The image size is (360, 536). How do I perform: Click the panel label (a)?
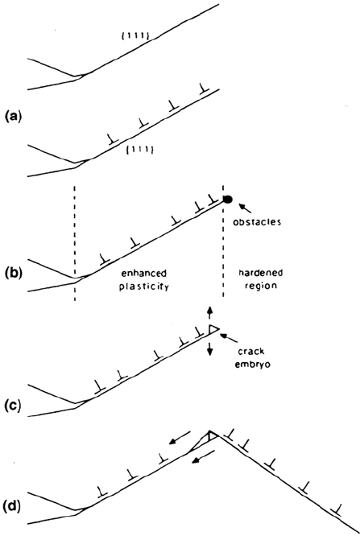(x=11, y=117)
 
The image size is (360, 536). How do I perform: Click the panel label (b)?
(x=11, y=274)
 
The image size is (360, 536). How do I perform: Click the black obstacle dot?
(x=228, y=199)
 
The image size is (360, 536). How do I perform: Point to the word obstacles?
(x=257, y=222)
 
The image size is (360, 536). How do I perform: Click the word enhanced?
(x=144, y=274)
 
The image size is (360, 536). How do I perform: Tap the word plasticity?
(x=144, y=287)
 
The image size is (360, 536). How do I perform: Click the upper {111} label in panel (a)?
(x=135, y=36)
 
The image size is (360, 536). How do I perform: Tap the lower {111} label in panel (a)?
(x=139, y=150)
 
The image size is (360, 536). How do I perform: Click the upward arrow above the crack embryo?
(x=210, y=313)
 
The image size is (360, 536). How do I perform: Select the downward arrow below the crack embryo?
(x=210, y=348)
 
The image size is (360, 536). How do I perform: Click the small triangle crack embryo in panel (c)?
(x=213, y=329)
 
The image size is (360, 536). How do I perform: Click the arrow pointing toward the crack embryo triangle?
(x=229, y=339)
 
